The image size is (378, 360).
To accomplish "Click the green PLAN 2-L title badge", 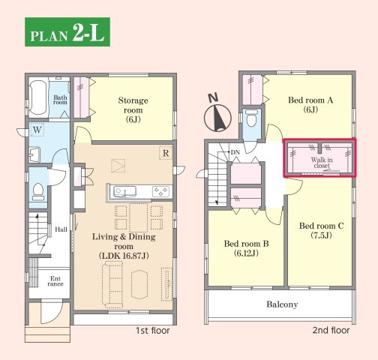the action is coord(67,31).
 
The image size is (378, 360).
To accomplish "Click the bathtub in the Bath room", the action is coord(38,97).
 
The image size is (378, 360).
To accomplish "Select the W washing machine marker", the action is coord(37,130).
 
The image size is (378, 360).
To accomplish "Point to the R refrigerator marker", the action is coord(166,153).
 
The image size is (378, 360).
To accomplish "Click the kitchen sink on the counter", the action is coord(124,192).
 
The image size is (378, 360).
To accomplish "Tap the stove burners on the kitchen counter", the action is coord(160,192).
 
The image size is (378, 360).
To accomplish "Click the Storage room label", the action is coord(133,110).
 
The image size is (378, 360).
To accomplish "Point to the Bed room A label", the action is coord(310,105).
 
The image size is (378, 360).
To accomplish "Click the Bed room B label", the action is coord(246,248).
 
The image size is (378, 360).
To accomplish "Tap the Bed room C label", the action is coord(321,230).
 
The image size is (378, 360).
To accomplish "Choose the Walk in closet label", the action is coord(322,163).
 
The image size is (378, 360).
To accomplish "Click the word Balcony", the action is coord(282,304).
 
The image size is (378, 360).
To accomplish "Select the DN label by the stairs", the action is coord(235,152).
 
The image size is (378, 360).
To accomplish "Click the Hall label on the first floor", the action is coord(61,229).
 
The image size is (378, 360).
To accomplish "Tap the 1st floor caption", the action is coord(153,331).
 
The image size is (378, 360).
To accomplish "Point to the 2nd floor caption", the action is coord(331,330).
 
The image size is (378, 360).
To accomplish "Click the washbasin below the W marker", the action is coord(34,154).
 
